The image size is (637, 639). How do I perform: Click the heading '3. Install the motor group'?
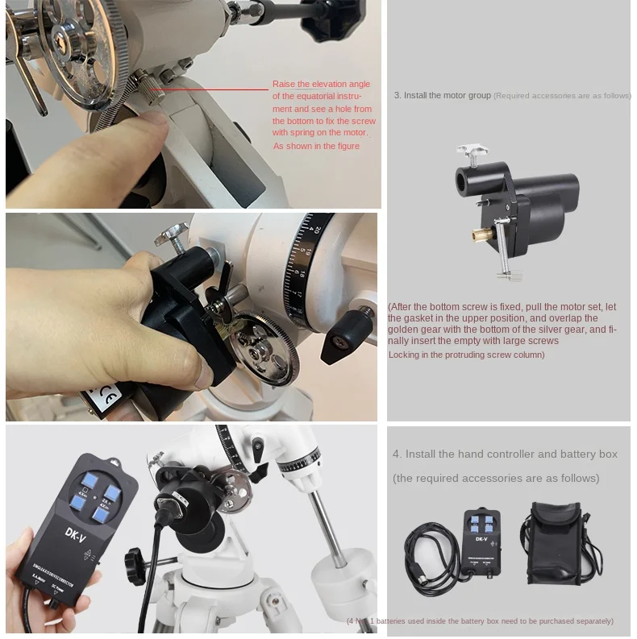[x=442, y=95]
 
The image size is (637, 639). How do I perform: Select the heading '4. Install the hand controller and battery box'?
[x=505, y=454]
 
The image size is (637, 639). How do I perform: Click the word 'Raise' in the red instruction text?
[x=285, y=84]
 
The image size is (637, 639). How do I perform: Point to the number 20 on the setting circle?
[x=318, y=231]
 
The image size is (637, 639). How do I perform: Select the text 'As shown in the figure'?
[x=316, y=147]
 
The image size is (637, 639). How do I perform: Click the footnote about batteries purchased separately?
[x=481, y=621]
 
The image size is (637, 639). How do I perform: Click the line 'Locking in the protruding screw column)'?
[x=466, y=355]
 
